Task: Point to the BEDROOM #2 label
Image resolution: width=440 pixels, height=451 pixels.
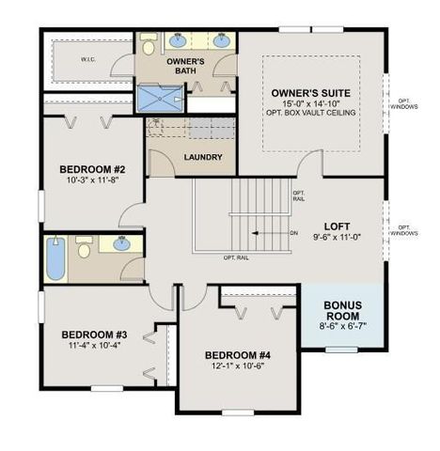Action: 92,169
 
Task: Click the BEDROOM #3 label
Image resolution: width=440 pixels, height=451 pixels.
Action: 94,334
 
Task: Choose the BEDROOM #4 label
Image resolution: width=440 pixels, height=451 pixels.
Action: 238,354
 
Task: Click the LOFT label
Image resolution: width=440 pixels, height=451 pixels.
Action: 337,226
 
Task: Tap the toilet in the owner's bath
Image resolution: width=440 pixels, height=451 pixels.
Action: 149,45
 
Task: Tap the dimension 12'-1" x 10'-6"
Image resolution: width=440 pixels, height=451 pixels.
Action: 238,366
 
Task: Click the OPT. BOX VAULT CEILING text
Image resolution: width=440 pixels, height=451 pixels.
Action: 310,116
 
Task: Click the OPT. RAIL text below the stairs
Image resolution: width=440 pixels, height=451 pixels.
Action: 235,257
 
